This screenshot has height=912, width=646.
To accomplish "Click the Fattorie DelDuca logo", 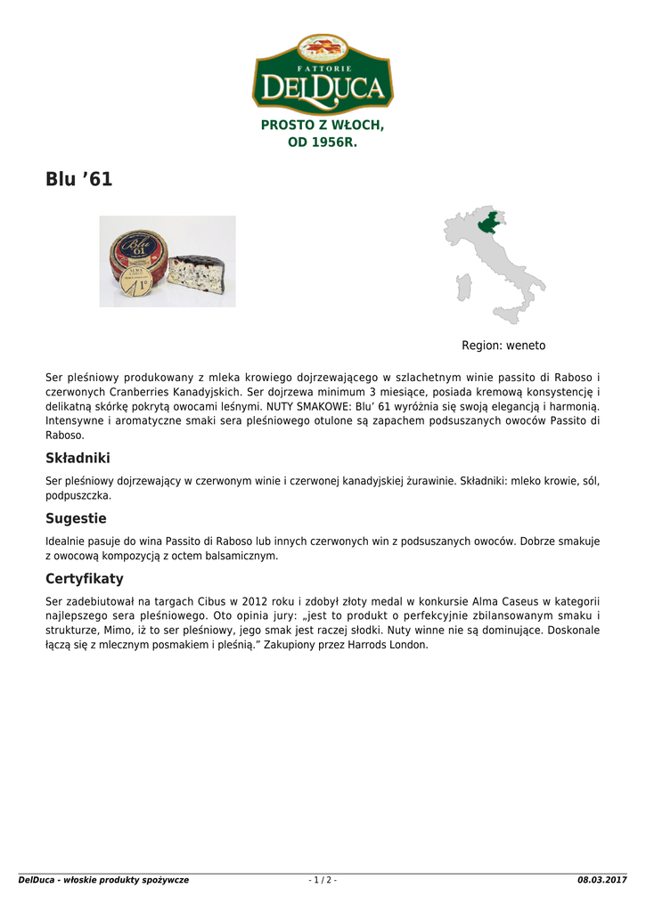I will click(323, 74).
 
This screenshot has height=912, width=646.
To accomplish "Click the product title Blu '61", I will click(79, 179).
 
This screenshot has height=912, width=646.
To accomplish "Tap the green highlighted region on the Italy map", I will click(488, 224).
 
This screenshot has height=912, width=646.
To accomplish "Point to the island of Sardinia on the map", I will click(462, 287).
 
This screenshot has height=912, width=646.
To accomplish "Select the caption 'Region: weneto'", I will click(503, 346).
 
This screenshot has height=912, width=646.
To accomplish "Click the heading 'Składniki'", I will click(78, 458).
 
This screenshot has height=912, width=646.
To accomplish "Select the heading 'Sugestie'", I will click(76, 518).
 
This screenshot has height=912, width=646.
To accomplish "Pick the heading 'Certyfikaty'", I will click(85, 579).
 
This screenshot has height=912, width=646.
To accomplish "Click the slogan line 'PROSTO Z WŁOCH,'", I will click(323, 126).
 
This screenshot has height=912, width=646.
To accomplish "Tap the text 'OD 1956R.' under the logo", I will click(323, 142).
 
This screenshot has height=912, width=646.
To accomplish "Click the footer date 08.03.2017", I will click(602, 880).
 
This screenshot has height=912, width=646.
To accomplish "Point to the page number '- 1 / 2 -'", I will click(323, 880).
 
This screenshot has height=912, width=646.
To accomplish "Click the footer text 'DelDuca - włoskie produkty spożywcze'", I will click(103, 880).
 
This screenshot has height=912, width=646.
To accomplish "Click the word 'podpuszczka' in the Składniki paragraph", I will click(78, 495).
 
